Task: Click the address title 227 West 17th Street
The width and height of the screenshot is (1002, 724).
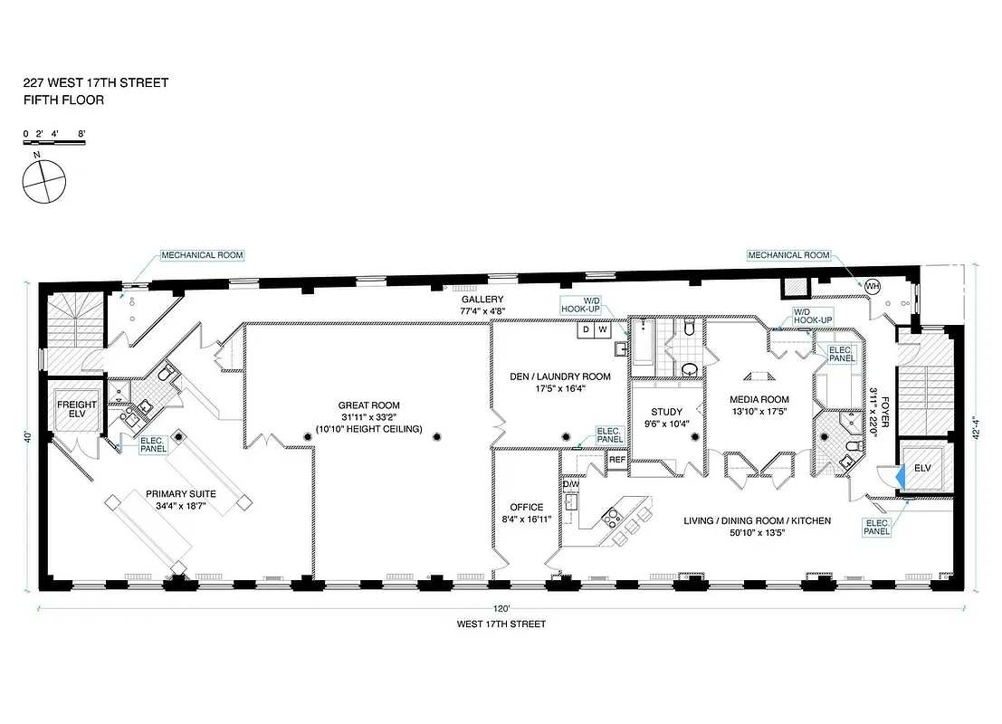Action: click(x=95, y=82)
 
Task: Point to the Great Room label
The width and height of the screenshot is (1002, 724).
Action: click(x=368, y=405)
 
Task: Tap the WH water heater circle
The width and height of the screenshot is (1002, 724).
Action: click(x=872, y=286)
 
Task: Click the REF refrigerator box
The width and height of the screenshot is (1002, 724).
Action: click(x=617, y=460)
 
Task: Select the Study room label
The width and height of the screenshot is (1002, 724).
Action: click(x=666, y=412)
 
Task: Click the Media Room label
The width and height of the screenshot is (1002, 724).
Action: click(x=759, y=399)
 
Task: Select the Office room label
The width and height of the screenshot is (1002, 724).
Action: click(x=526, y=507)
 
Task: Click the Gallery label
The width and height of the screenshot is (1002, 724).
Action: click(x=482, y=300)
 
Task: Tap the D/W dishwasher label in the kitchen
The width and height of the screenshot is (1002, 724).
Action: click(x=570, y=484)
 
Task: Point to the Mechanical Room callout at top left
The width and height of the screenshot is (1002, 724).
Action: click(x=202, y=255)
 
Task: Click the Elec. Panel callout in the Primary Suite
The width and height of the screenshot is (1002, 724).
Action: click(x=151, y=444)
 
